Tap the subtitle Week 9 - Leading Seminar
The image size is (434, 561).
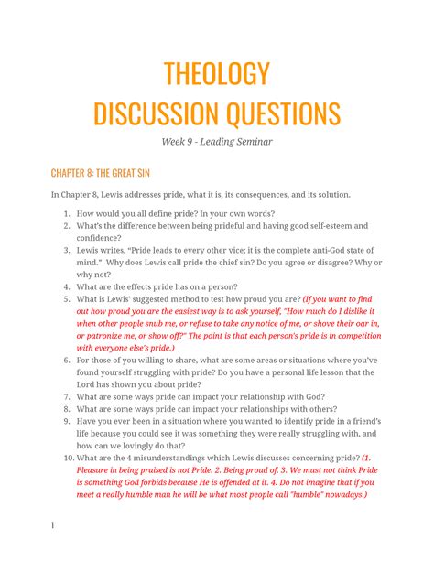217,142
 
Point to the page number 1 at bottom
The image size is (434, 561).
53,525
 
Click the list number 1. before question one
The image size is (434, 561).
67,210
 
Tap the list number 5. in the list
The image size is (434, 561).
67,298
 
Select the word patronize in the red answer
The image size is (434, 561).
107,335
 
